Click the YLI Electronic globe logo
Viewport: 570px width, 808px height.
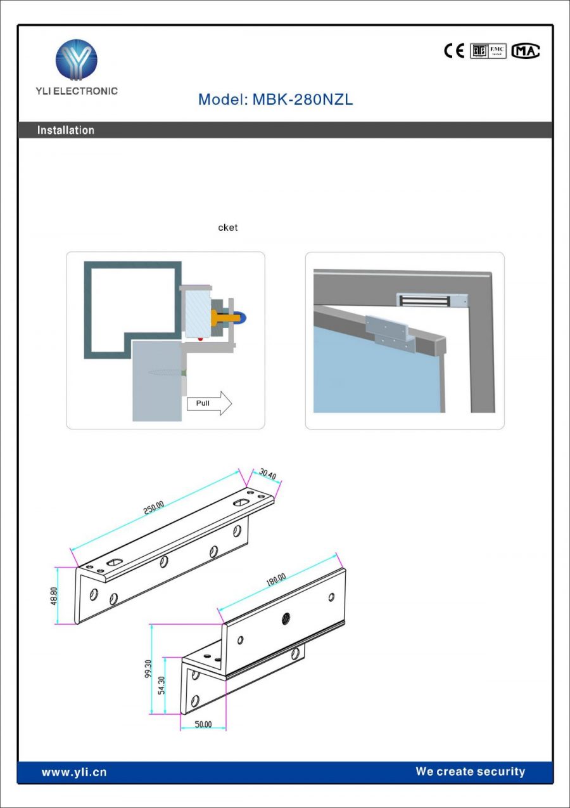[76, 60]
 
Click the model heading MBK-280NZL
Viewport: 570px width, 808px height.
[275, 100]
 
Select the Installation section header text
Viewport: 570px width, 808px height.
[66, 130]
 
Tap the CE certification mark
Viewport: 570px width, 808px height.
[454, 51]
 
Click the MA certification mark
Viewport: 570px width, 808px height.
[526, 51]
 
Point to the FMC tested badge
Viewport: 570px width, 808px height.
[498, 51]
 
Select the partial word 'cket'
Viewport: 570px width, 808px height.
[228, 228]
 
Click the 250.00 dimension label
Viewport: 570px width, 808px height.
[153, 508]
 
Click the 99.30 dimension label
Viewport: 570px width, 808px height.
[148, 669]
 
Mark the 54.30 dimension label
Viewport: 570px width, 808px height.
[161, 686]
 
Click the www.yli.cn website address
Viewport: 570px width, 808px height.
[74, 772]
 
